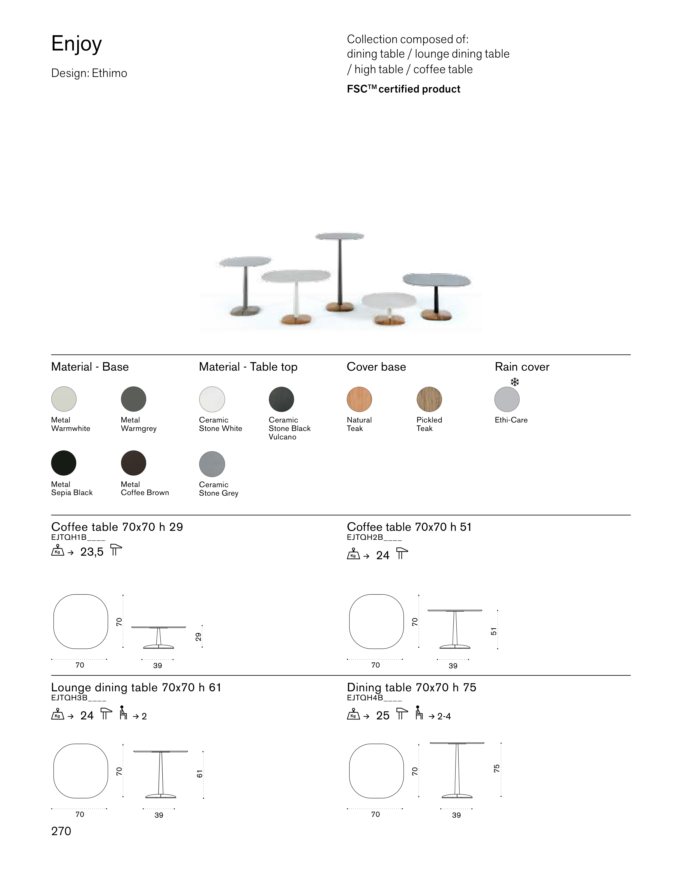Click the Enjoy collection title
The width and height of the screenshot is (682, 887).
76,44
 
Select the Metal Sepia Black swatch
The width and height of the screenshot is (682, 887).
64,463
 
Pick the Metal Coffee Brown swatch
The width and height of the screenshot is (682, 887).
134,463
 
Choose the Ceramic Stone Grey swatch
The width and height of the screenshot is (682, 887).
212,463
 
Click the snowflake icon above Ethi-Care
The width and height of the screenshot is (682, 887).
515,382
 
